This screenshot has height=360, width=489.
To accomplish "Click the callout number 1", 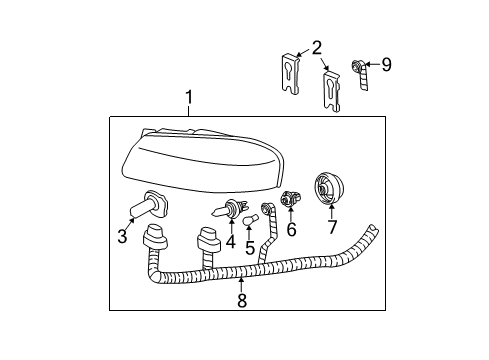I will pyautogui.click(x=188, y=100).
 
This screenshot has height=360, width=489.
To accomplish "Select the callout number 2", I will pyautogui.click(x=316, y=46).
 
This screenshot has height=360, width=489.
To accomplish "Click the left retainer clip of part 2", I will pyautogui.click(x=290, y=76).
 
